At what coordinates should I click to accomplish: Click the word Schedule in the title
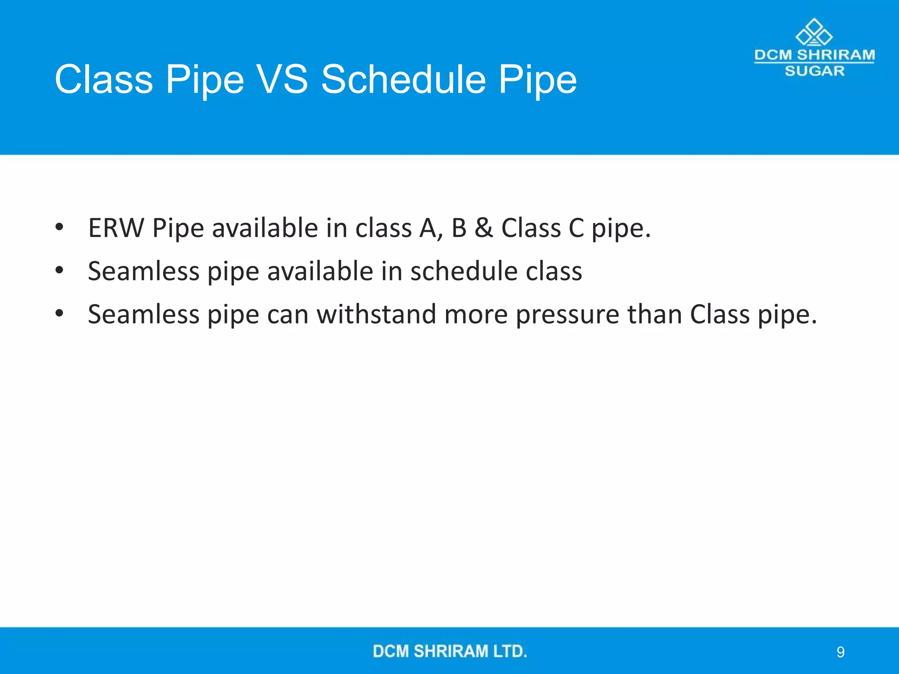(403, 79)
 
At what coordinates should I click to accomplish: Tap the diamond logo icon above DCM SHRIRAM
(814, 32)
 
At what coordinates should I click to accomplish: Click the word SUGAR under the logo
(814, 71)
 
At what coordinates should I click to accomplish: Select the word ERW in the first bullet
(116, 228)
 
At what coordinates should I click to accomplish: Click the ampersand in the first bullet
(483, 228)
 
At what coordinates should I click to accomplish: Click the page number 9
(840, 652)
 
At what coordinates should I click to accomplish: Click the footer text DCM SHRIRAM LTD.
(449, 651)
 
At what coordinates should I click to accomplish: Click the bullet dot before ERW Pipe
(60, 227)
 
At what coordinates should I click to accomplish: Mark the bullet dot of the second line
(60, 270)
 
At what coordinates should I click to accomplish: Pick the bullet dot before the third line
(60, 313)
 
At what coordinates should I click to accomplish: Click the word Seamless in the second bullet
(144, 271)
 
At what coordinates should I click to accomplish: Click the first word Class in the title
(104, 79)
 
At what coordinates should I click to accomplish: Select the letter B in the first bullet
(459, 228)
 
